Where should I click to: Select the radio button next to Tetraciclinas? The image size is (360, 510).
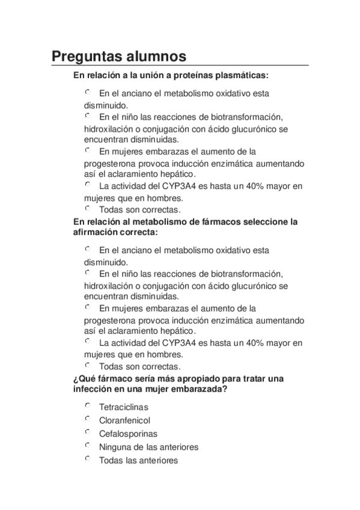(x=87, y=406)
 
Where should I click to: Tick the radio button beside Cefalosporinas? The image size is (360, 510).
(x=87, y=432)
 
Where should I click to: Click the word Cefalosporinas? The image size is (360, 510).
(x=128, y=434)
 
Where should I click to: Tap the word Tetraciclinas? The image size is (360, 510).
(x=123, y=407)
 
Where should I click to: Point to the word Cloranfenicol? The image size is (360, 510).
(x=124, y=420)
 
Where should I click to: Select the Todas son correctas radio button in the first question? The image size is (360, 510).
(x=87, y=209)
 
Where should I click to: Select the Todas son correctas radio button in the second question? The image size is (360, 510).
(x=87, y=364)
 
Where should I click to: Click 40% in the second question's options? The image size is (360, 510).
(x=250, y=343)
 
